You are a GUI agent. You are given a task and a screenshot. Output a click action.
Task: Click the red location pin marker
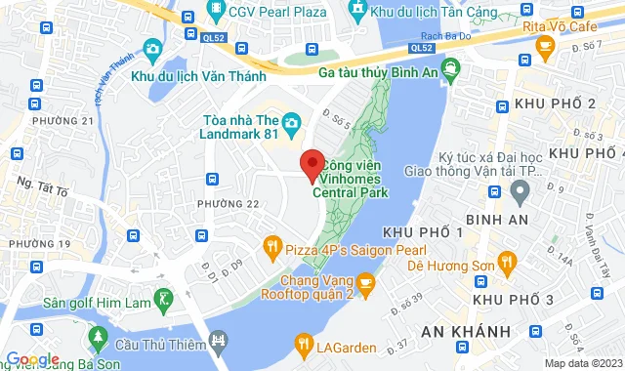[x=312, y=166]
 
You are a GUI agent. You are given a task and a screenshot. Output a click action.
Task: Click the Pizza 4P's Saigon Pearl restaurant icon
[x=272, y=249]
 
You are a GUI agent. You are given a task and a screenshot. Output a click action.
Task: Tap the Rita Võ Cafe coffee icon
[x=546, y=44]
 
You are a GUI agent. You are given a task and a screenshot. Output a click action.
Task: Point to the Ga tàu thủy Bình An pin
[x=450, y=70]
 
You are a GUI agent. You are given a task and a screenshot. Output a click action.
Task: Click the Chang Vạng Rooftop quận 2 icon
[x=365, y=285]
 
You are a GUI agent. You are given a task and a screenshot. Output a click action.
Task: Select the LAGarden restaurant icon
[x=304, y=343]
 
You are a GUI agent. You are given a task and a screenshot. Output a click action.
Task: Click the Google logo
[x=32, y=360]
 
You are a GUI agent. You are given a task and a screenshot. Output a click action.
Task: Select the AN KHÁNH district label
[x=459, y=332]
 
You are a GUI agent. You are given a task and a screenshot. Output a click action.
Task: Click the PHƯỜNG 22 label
[x=228, y=203]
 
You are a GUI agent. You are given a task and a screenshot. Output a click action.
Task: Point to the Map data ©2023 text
[x=583, y=363]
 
